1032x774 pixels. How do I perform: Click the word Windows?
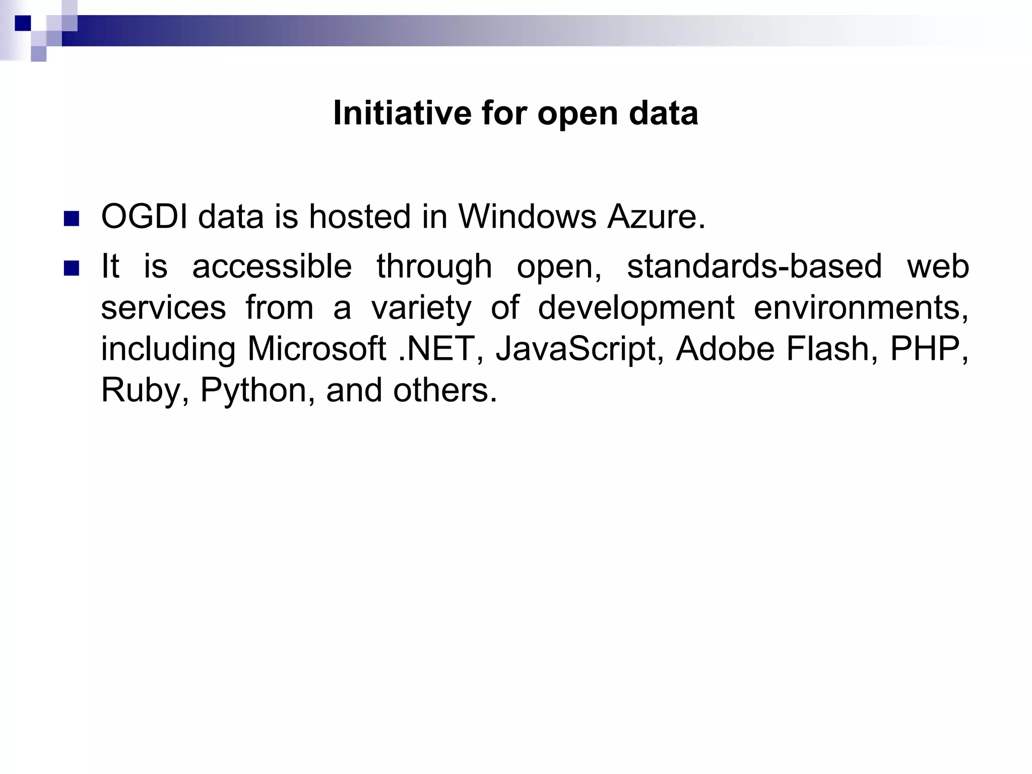click(527, 217)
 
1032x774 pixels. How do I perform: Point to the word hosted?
click(360, 217)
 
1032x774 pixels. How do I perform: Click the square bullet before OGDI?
click(72, 219)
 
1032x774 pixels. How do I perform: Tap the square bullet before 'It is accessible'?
click(72, 268)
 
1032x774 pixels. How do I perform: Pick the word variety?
click(421, 307)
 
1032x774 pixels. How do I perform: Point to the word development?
click(636, 307)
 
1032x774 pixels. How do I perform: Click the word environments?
click(860, 307)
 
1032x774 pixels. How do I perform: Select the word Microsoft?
click(316, 349)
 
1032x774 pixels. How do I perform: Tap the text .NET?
click(436, 349)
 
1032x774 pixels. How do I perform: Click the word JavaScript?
click(575, 349)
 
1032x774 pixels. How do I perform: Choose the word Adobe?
click(725, 349)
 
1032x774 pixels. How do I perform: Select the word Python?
click(253, 390)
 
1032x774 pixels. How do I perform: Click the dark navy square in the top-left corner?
click(23, 23)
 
